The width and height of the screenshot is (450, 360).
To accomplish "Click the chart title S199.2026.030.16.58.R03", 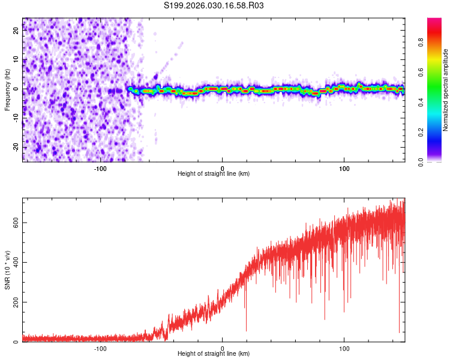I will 214,5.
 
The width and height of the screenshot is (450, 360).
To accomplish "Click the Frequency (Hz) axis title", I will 7,89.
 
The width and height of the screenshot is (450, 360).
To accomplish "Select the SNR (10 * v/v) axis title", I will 7,270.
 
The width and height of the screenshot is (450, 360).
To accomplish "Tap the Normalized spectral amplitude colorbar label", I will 446,90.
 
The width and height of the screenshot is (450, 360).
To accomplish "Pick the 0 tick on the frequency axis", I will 16,89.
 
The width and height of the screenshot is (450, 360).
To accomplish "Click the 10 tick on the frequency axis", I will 16,60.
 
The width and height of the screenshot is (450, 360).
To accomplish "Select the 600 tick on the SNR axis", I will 16,222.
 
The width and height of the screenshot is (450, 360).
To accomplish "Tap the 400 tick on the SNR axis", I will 16,262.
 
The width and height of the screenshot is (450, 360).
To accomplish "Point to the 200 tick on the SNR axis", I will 16,302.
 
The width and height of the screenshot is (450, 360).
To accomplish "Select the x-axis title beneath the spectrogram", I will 213,174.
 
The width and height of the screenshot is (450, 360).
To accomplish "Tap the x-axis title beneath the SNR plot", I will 213,354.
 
